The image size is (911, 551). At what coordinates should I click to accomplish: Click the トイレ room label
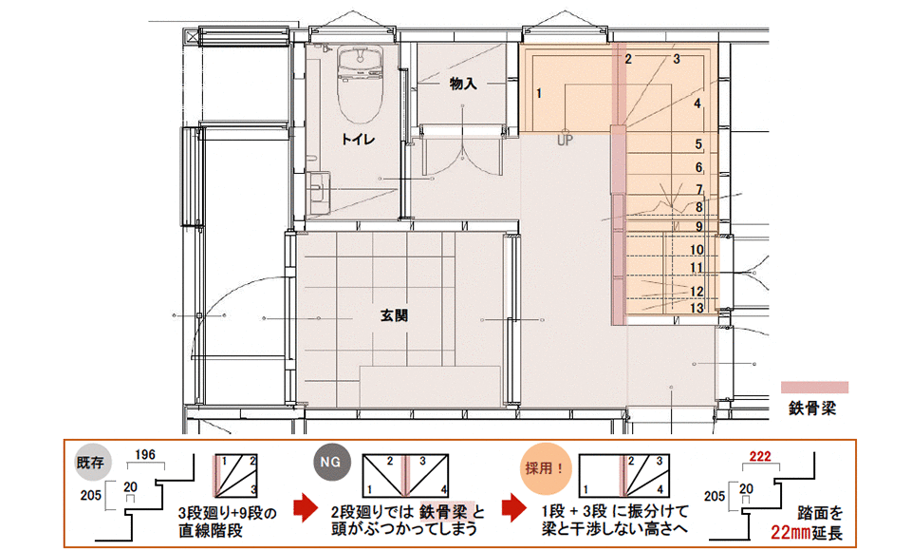[x=360, y=140]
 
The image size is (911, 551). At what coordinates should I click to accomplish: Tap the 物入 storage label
[x=462, y=84]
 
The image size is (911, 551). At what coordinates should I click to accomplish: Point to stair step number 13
[x=697, y=308]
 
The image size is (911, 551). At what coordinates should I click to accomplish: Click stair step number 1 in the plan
[x=538, y=93]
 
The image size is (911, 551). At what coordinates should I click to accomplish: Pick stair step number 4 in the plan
[x=697, y=104]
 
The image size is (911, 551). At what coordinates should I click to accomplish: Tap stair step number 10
[x=697, y=250]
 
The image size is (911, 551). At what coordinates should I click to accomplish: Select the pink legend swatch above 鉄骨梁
[x=813, y=388]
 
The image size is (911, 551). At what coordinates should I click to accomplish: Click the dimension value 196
[x=145, y=454]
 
